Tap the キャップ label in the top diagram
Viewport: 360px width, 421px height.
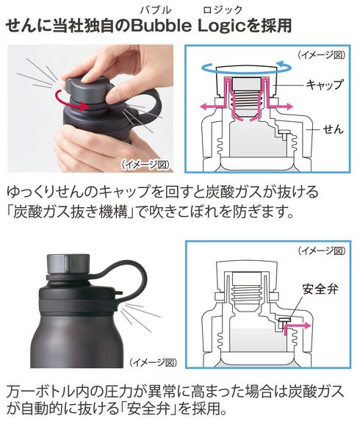click(x=323, y=85)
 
